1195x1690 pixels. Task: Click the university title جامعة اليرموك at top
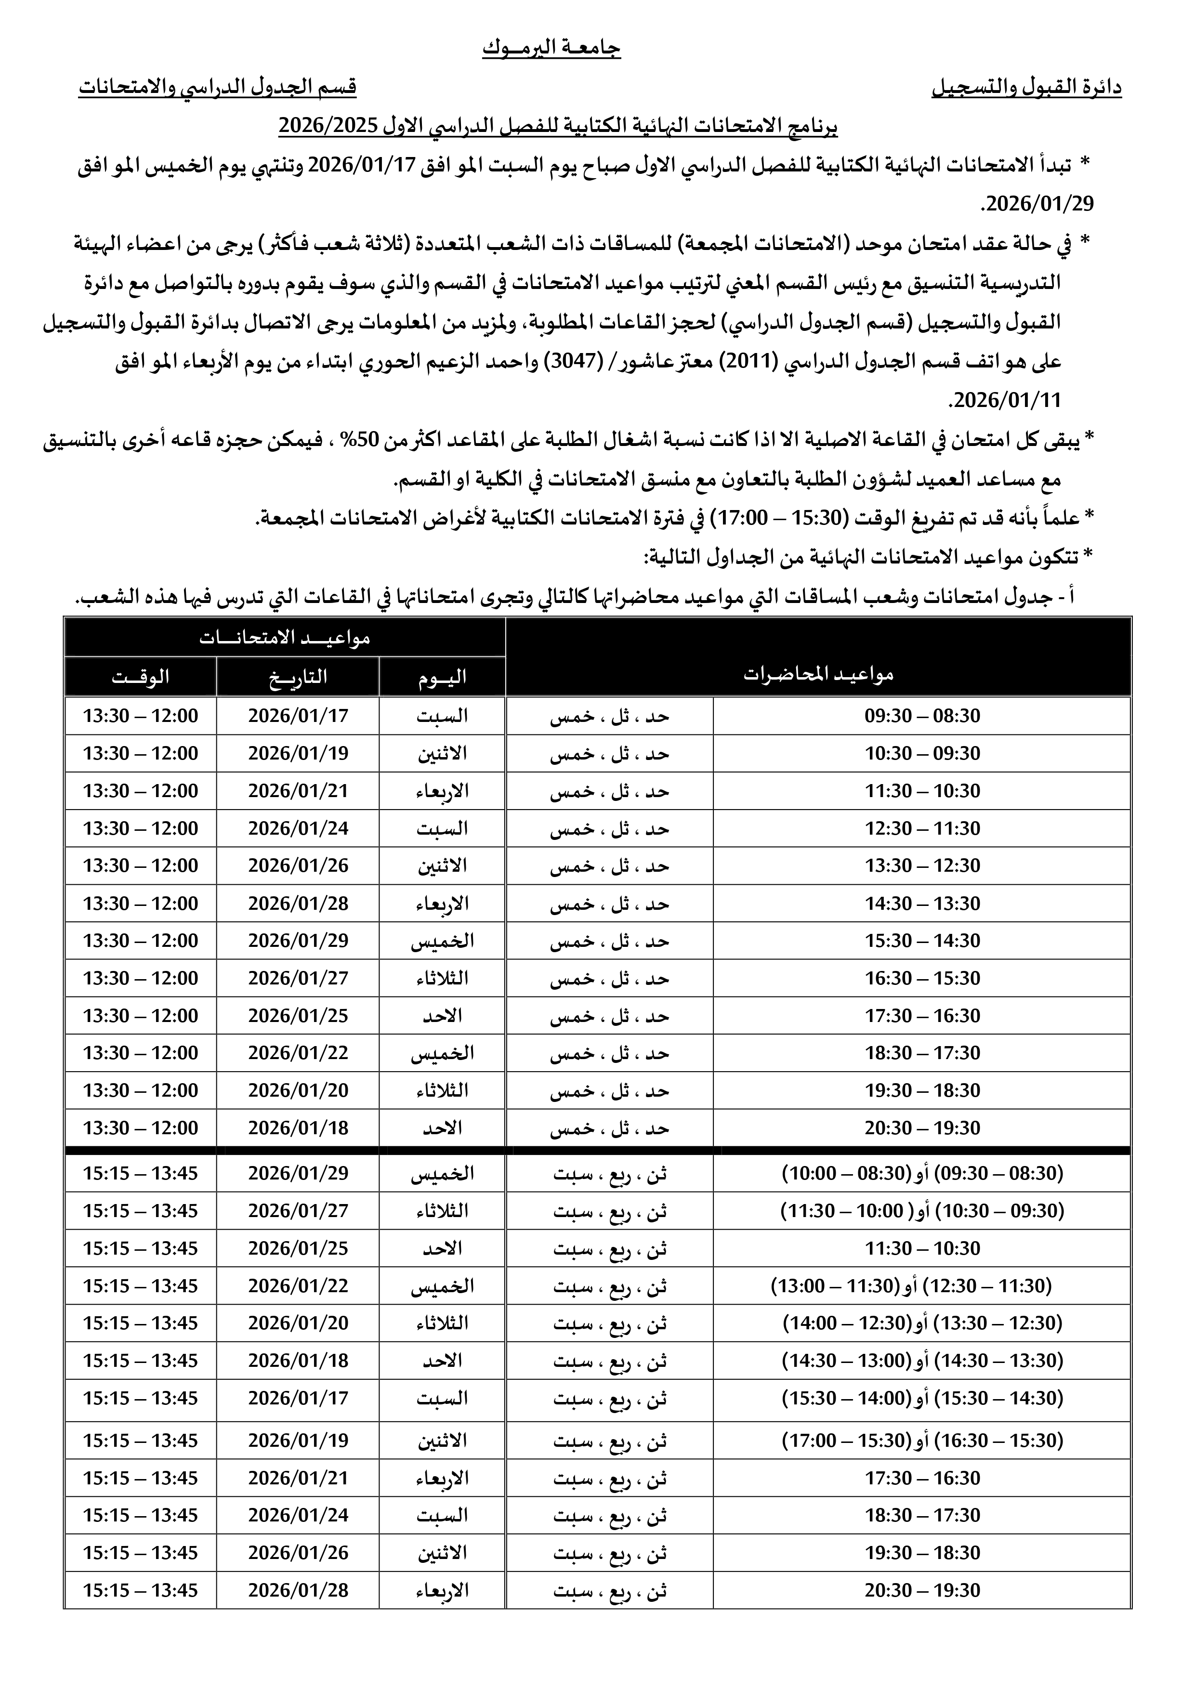pyautogui.click(x=552, y=49)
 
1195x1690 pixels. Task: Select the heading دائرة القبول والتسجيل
pyautogui.click(x=1026, y=88)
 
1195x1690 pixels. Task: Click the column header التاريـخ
pyautogui.click(x=298, y=677)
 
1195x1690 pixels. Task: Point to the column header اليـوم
pyautogui.click(x=442, y=677)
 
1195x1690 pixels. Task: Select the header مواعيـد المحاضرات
pyautogui.click(x=818, y=674)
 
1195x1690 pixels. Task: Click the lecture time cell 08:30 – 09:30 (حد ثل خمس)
pyautogui.click(x=922, y=716)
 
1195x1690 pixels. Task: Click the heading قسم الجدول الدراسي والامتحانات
pyautogui.click(x=218, y=88)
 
